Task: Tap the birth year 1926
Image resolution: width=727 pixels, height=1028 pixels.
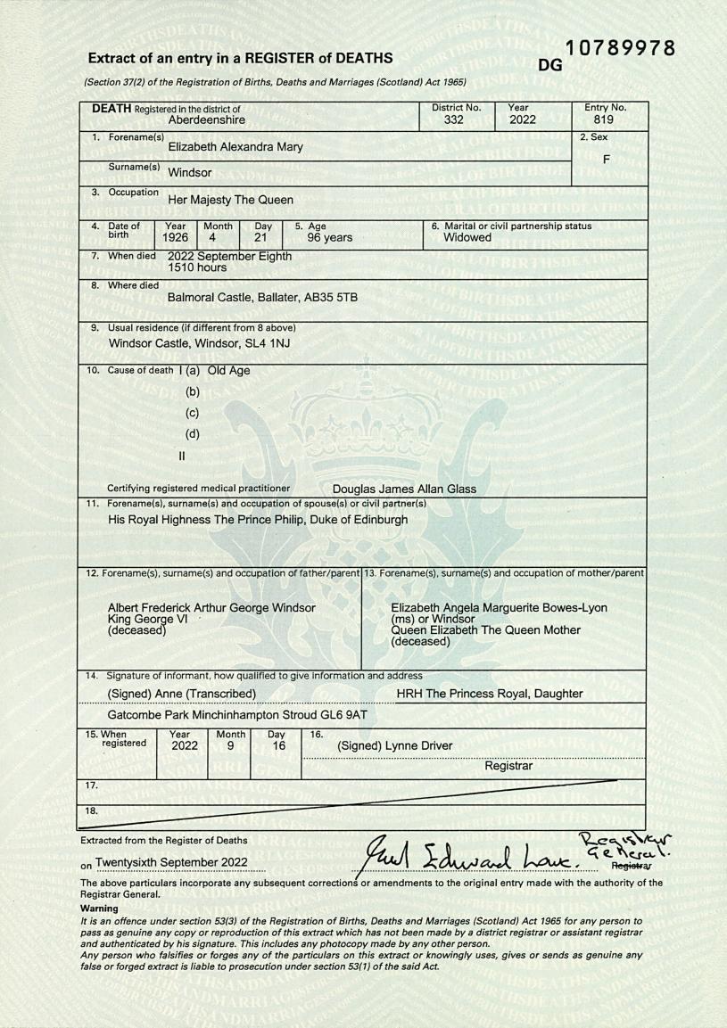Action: [x=177, y=238]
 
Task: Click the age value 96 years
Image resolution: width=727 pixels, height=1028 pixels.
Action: [x=330, y=238]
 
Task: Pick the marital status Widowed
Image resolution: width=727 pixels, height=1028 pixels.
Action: [x=467, y=238]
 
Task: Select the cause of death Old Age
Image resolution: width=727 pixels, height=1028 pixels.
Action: [x=228, y=370]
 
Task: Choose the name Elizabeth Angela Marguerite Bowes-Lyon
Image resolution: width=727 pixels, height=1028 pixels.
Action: [x=499, y=608]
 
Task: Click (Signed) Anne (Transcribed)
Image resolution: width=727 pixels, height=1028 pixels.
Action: [x=182, y=694]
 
